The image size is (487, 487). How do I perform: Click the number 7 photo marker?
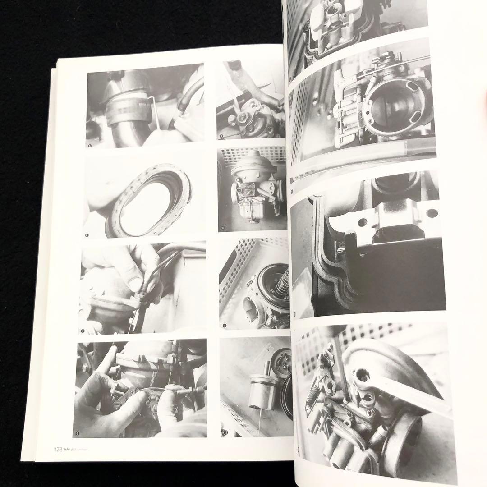pyautogui.click(x=83, y=331)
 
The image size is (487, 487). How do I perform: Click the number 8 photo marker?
pyautogui.click(x=78, y=433)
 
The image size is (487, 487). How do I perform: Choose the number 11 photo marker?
pyautogui.click(x=224, y=325)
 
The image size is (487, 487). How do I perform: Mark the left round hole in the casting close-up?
pyautogui.click(x=362, y=222)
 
